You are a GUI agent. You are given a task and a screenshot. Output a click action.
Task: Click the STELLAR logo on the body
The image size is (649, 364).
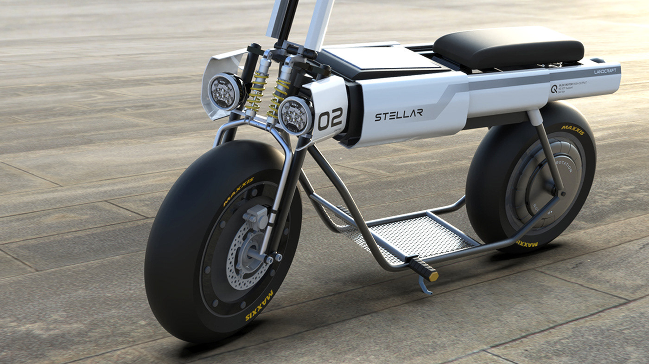[399, 115]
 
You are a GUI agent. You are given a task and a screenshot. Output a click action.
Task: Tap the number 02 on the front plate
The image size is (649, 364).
[330, 119]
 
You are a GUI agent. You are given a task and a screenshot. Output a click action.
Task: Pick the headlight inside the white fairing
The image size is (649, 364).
[226, 91]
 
